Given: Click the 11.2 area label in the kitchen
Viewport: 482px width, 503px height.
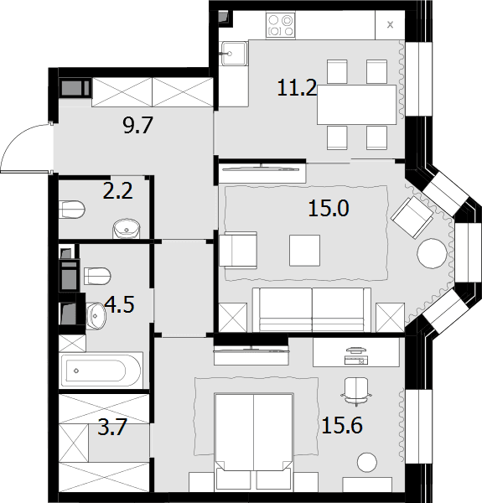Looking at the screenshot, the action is (x=297, y=88).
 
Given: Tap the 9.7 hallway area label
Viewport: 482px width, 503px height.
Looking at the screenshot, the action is (x=138, y=125).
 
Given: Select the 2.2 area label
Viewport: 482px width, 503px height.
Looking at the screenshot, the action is (x=117, y=191).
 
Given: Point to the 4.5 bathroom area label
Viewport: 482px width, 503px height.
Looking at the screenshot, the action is (x=119, y=304).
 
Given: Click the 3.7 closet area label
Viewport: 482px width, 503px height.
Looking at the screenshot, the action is (x=112, y=427).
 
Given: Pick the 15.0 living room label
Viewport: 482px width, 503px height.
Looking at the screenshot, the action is (x=329, y=209).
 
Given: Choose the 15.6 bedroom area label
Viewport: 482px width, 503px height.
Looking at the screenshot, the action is (x=342, y=425).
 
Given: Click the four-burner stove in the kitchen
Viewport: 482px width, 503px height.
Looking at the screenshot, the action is (x=280, y=25).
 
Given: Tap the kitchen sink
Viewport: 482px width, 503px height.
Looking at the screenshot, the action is (x=233, y=54).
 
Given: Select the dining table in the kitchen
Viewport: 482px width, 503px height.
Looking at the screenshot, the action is (x=356, y=105).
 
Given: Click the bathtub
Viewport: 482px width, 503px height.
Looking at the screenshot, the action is (x=101, y=371).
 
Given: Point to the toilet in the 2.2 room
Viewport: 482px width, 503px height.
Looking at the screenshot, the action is (x=72, y=210).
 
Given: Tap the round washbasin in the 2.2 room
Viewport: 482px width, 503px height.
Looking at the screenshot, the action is (x=127, y=229).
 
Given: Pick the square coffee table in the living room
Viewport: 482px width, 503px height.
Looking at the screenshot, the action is (x=304, y=251).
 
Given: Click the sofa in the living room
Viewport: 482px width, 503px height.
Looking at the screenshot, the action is (x=312, y=309).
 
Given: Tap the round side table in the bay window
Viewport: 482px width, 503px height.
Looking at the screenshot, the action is (x=432, y=253).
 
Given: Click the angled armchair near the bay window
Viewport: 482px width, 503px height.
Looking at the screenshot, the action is (x=412, y=217).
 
